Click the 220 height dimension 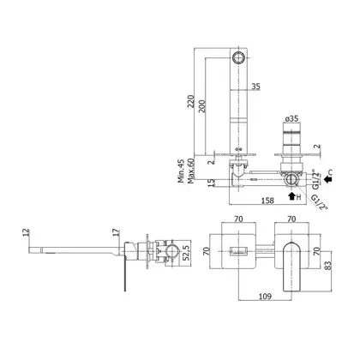[x=190, y=101]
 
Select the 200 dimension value [x=201, y=106]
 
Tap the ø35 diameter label [x=291, y=118]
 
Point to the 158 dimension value [x=267, y=201]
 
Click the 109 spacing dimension [x=265, y=297]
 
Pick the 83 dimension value [x=328, y=266]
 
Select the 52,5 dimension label [x=186, y=253]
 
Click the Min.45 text [x=181, y=171]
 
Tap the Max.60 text [x=190, y=171]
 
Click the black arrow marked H [x=291, y=196]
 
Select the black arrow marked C [x=327, y=179]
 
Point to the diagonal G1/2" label [x=319, y=202]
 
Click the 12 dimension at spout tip [x=27, y=231]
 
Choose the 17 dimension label [x=117, y=232]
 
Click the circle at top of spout [x=238, y=57]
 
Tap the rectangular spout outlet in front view [x=238, y=250]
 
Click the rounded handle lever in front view [x=291, y=267]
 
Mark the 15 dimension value [x=211, y=183]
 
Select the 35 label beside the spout [x=256, y=87]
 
